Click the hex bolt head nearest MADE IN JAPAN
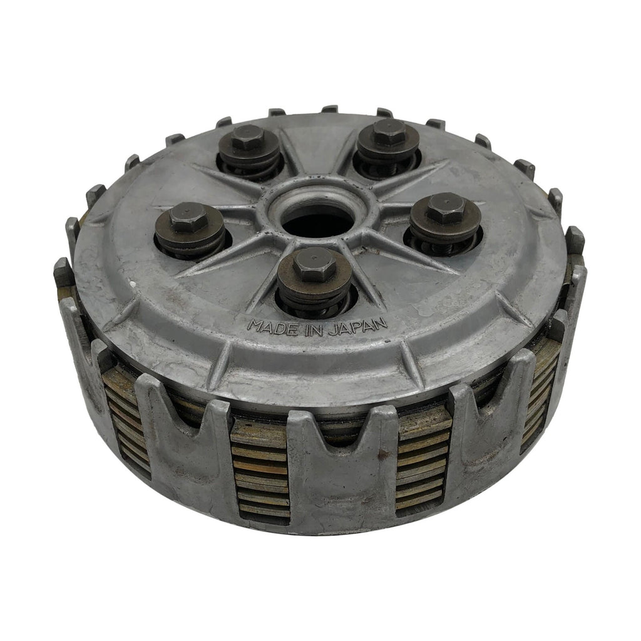tap(314, 265)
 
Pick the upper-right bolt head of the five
tap(389, 132)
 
